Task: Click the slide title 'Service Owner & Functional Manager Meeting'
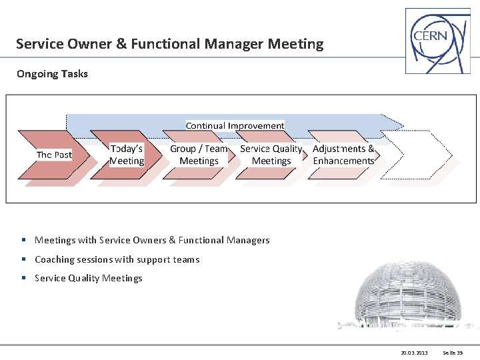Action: click(169, 45)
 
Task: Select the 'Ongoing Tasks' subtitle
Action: click(52, 74)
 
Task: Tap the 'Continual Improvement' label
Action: click(235, 125)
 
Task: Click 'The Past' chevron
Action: click(54, 155)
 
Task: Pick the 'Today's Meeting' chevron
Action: click(127, 155)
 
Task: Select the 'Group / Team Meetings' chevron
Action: click(199, 155)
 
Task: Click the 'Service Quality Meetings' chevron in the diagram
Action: click(271, 155)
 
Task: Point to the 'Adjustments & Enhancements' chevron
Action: click(343, 155)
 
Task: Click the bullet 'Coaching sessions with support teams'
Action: click(117, 259)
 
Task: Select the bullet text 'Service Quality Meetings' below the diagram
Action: click(89, 278)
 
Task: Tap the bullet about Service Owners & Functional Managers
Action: click(152, 240)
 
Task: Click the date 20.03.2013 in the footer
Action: click(414, 352)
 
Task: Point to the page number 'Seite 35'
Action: click(453, 352)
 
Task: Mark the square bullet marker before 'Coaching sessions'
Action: click(23, 259)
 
